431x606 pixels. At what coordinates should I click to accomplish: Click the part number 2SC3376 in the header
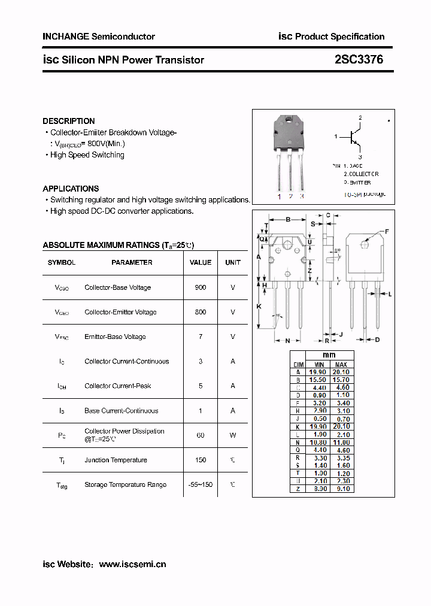pos(359,60)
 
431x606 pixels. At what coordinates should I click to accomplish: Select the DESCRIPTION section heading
pos(69,121)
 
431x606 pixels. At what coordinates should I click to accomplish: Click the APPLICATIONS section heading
pos(71,189)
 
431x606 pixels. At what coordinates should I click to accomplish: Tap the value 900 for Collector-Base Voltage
pos(201,287)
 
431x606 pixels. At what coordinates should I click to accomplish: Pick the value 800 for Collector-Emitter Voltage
pos(201,312)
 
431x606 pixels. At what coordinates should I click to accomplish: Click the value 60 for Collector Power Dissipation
pos(201,435)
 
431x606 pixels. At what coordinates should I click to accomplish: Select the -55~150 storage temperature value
pos(201,484)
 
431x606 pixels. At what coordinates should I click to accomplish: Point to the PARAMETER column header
pos(132,262)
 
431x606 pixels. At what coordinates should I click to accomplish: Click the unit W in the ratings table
pos(233,435)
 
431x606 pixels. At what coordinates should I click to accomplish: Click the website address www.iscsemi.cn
pos(132,564)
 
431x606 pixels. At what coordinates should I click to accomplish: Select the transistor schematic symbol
pos(355,138)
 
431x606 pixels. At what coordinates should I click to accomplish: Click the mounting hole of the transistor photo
pos(290,120)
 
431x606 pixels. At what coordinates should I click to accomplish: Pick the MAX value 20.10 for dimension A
pos(341,372)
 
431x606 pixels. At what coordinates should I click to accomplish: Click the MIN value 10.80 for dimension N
pos(319,442)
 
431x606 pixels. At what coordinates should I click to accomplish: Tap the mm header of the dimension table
pos(329,355)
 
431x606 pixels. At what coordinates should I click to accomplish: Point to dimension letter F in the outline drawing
pos(387,231)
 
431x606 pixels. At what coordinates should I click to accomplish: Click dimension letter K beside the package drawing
pos(259,306)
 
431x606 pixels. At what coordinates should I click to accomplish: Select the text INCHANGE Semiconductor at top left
pos(99,37)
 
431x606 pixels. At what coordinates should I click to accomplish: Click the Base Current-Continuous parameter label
pos(122,411)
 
